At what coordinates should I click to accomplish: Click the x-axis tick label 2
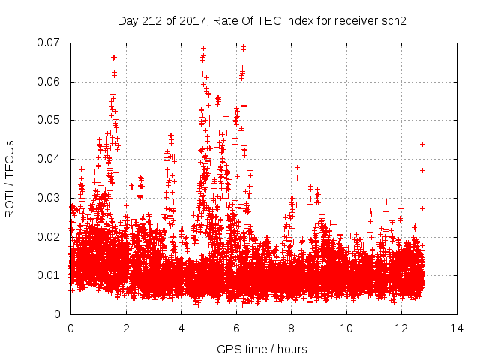[126, 328]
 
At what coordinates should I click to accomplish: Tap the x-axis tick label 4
[181, 328]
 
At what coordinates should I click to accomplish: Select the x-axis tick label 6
[236, 328]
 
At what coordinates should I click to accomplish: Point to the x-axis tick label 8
[291, 328]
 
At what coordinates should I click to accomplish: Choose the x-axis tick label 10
[346, 328]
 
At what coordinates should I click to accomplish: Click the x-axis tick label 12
[401, 328]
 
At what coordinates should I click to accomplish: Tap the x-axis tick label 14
[457, 328]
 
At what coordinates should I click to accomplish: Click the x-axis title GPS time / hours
[262, 349]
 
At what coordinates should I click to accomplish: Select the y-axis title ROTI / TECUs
[10, 178]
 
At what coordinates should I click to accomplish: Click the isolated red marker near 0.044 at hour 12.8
[423, 144]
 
